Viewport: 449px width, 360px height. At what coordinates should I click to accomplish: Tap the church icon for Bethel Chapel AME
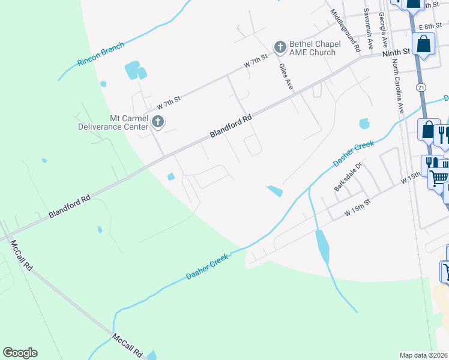click(279, 47)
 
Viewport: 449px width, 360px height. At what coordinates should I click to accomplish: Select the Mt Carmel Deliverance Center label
click(113, 122)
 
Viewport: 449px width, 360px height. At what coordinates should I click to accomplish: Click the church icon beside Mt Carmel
click(157, 122)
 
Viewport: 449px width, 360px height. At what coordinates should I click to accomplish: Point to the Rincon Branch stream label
click(101, 54)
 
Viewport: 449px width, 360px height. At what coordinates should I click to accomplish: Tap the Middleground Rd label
click(346, 29)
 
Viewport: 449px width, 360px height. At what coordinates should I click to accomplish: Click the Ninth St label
click(395, 52)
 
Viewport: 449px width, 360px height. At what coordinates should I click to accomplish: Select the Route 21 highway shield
click(421, 88)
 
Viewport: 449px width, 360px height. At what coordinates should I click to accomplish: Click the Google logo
click(20, 353)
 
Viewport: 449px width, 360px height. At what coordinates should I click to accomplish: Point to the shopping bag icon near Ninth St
click(424, 44)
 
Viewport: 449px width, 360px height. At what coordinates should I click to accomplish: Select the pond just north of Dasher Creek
click(274, 191)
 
